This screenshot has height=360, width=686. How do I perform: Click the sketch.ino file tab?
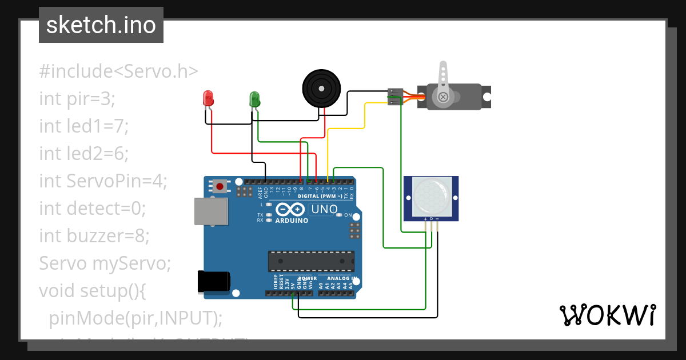click(101, 25)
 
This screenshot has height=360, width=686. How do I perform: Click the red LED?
click(209, 98)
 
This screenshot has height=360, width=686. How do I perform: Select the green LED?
click(254, 99)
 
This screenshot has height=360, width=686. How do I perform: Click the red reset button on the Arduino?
click(220, 185)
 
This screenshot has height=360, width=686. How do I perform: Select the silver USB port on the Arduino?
click(210, 211)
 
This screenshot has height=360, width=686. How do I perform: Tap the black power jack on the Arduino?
click(213, 282)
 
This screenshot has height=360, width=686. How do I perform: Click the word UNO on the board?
click(324, 210)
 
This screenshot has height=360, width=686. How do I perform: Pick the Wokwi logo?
click(607, 315)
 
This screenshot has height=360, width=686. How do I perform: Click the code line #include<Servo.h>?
click(119, 71)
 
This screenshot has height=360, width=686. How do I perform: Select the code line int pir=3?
click(78, 99)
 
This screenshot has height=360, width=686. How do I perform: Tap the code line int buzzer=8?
click(94, 236)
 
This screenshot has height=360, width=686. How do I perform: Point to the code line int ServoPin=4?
click(103, 181)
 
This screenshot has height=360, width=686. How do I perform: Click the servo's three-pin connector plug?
click(394, 97)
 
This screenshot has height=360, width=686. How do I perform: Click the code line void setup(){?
click(93, 291)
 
